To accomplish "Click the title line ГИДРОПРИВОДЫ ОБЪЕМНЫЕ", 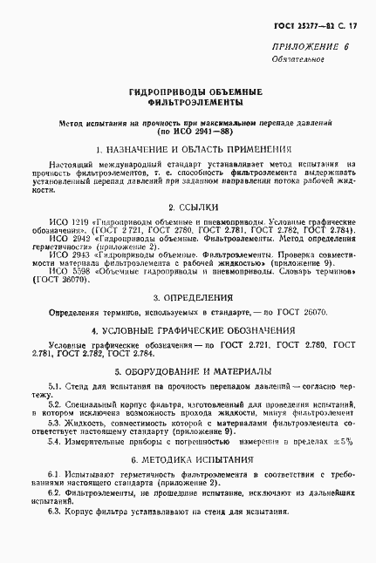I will (188, 92).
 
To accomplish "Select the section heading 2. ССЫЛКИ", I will (188, 208).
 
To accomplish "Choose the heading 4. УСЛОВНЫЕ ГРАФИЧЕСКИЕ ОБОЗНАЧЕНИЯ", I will (188, 332).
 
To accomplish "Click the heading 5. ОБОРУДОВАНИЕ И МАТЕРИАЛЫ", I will (188, 370).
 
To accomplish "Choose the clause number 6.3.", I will (54, 509).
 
